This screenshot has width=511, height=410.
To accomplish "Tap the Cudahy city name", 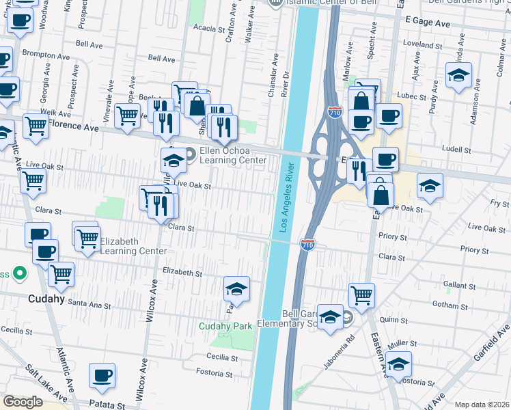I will click(46, 299).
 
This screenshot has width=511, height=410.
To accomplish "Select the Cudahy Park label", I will click(225, 326).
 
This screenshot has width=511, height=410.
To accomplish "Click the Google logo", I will click(23, 401).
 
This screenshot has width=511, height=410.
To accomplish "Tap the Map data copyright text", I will click(482, 405).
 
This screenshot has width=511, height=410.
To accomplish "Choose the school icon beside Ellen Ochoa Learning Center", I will click(174, 161).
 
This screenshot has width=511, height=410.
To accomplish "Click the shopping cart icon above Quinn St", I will click(361, 295).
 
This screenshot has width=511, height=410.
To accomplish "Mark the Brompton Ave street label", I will click(42, 52).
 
